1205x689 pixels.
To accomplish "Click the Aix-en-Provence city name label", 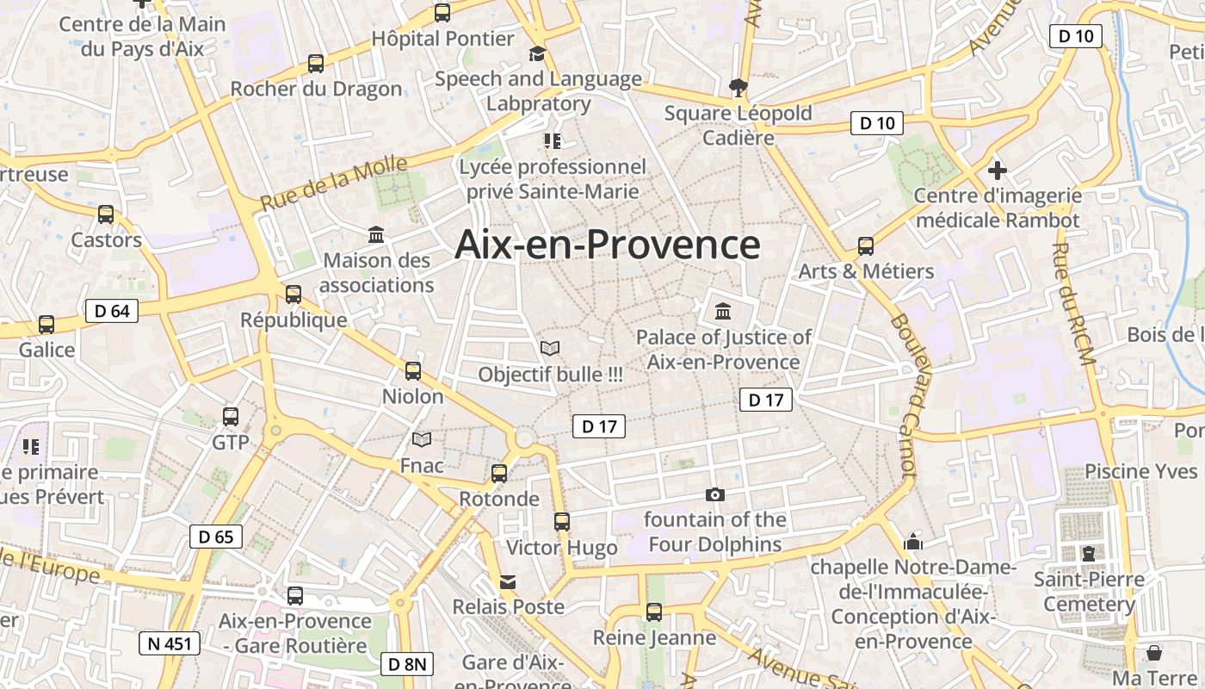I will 607,245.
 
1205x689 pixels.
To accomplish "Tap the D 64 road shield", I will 112,311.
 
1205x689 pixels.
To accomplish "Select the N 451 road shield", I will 170,642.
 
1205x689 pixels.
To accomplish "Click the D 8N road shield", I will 406,664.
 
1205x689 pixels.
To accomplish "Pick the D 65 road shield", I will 215,537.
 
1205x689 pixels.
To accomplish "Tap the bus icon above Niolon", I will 413,371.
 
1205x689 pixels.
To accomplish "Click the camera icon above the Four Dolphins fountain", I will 714,494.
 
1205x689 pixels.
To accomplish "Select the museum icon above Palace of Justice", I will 723,311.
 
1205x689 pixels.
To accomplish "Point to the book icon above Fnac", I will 422,440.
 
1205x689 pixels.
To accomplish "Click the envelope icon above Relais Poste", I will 508,582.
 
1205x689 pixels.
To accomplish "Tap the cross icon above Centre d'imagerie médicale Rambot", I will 998,171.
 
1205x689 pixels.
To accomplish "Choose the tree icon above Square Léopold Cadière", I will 738,87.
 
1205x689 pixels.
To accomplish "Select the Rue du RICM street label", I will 1074,304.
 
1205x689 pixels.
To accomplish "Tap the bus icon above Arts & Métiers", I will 866,246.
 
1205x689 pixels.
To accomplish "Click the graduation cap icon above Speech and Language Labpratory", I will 538,54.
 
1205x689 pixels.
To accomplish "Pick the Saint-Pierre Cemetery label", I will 1089,591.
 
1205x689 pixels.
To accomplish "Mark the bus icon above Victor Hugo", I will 562,522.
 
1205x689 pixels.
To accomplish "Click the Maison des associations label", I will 376,272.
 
